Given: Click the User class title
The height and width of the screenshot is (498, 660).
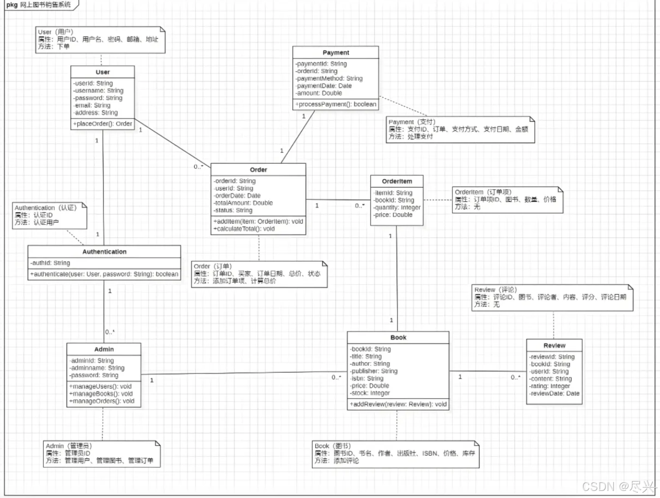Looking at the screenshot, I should click(x=102, y=72).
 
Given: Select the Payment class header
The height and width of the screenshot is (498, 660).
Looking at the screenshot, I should click(x=336, y=52).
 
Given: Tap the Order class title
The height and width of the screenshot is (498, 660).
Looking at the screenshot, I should click(x=258, y=170).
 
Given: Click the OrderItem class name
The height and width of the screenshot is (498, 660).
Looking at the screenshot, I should click(x=397, y=181).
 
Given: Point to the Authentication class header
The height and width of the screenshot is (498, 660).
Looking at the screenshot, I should click(x=104, y=252).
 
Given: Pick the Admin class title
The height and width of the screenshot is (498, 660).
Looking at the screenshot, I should click(x=104, y=349).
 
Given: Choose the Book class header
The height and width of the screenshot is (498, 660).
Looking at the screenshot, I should click(x=398, y=337).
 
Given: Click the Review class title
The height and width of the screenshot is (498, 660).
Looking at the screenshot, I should click(x=554, y=345).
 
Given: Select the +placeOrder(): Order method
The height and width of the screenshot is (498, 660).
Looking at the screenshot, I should click(x=102, y=124).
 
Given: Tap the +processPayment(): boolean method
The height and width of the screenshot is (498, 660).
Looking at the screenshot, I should click(x=336, y=104).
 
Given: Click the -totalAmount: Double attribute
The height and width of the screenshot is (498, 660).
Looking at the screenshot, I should click(x=243, y=203).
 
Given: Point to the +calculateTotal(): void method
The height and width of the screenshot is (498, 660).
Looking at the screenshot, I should click(x=244, y=229).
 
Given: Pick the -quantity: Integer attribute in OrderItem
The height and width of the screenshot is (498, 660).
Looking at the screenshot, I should click(x=397, y=207).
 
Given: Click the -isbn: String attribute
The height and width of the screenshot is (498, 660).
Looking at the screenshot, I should click(x=367, y=379).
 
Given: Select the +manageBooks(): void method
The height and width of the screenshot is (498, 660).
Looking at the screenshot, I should click(x=101, y=394).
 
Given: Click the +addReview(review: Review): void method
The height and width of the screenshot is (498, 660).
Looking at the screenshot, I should click(x=398, y=404).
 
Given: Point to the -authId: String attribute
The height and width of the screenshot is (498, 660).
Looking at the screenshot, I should click(x=50, y=263).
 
